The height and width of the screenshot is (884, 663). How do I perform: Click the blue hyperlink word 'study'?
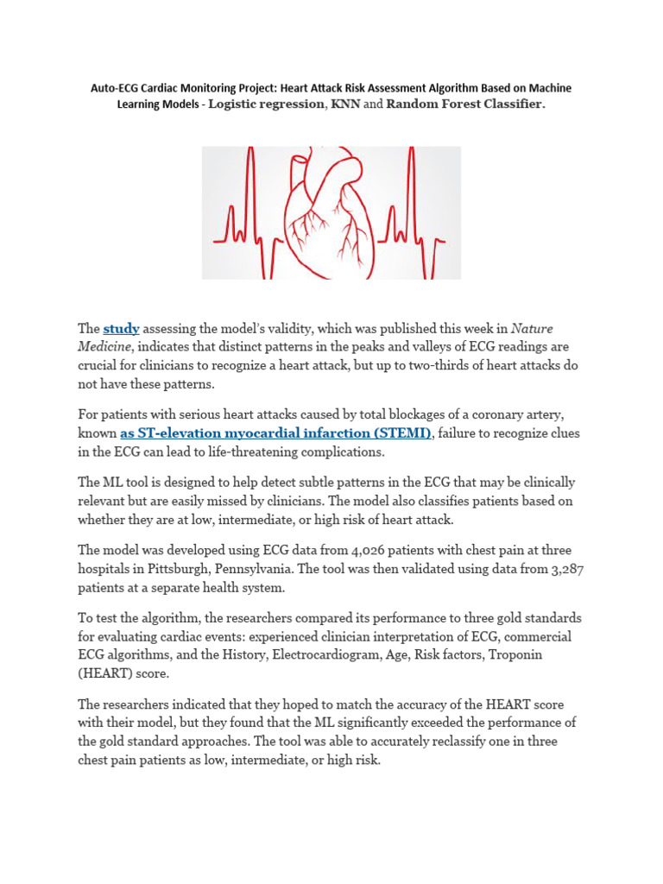[x=121, y=329]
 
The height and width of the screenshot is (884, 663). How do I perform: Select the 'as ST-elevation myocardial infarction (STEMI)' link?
[x=275, y=433]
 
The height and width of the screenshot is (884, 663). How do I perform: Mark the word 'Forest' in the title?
[x=465, y=104]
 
